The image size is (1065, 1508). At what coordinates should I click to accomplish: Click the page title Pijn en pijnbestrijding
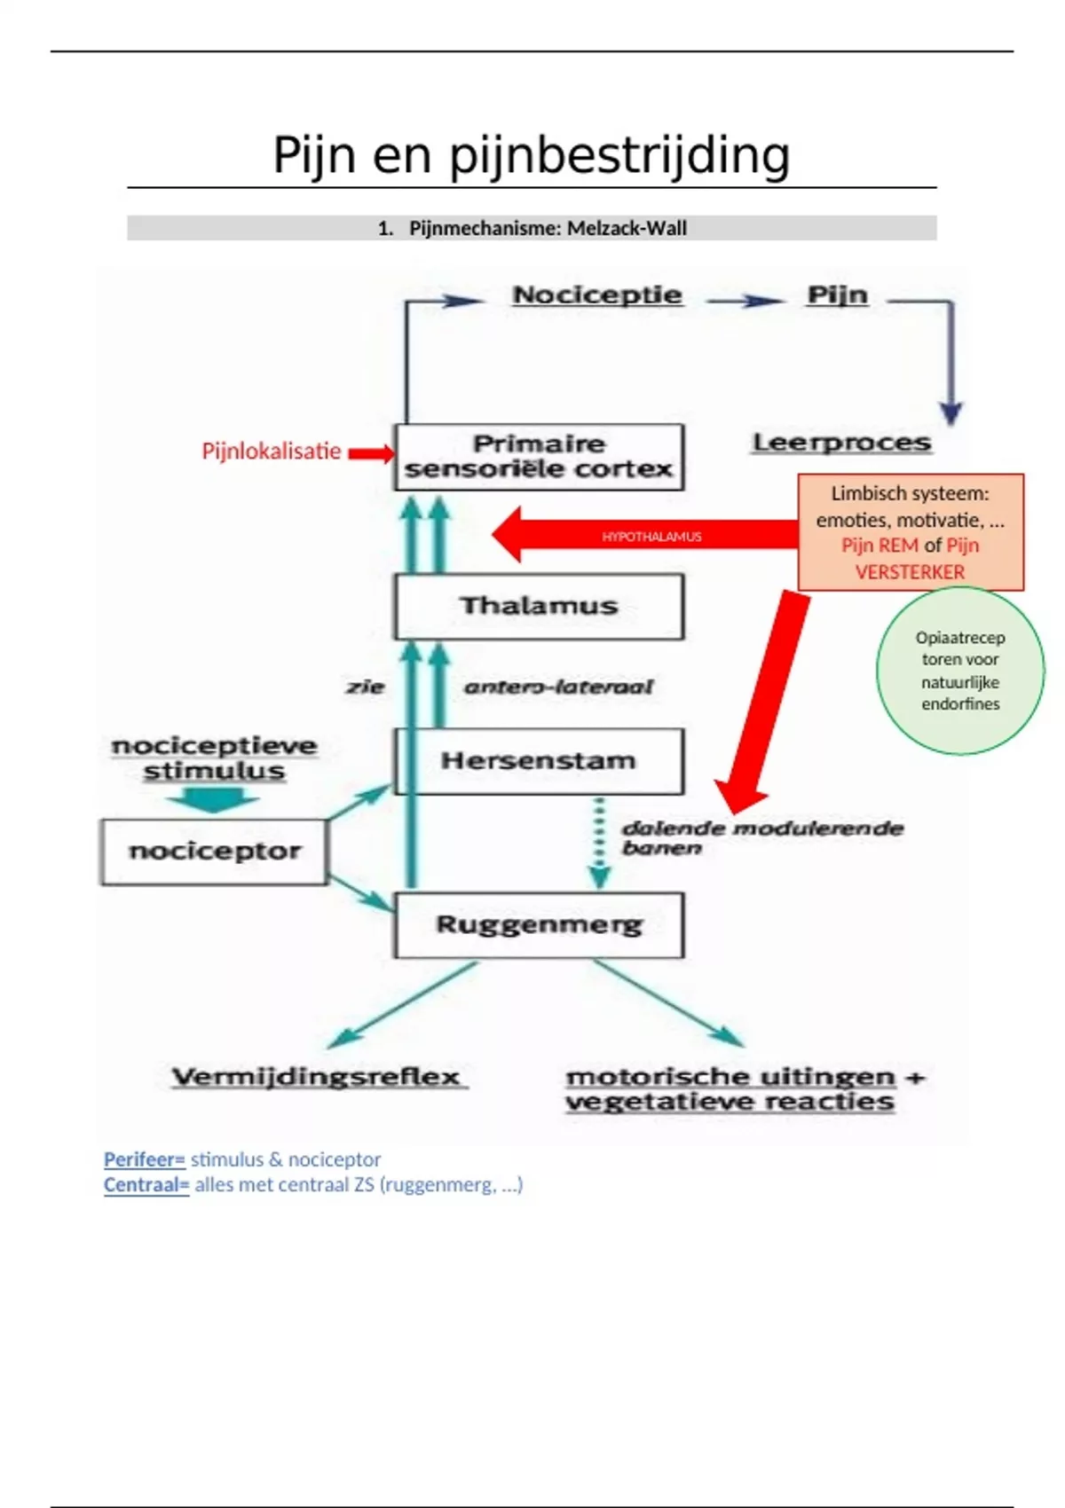click(x=531, y=155)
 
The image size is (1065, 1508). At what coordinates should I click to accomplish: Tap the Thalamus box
click(x=539, y=606)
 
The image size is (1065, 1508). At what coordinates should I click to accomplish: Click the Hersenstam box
click(x=539, y=761)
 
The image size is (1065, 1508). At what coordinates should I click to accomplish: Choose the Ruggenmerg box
click(x=539, y=925)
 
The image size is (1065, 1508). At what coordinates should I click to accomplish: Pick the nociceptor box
click(x=214, y=852)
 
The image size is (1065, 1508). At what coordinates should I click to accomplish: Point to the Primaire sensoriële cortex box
click(x=539, y=457)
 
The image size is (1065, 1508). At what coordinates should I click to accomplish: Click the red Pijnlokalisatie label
click(x=271, y=452)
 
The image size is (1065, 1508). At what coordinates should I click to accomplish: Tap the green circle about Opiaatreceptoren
click(x=960, y=671)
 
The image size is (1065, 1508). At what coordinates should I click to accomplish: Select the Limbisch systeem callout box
click(x=911, y=532)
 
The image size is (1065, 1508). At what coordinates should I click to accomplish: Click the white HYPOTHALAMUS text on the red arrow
click(x=651, y=537)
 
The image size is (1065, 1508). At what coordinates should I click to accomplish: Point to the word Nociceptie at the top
click(x=597, y=295)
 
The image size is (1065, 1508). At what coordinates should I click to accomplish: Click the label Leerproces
click(x=841, y=443)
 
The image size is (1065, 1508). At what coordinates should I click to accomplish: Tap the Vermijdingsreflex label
click(x=317, y=1077)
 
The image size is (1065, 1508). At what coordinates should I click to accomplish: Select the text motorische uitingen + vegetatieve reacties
click(x=744, y=1089)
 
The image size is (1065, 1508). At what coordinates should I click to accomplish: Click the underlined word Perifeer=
click(x=144, y=1159)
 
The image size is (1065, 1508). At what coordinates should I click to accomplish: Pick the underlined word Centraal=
click(x=146, y=1185)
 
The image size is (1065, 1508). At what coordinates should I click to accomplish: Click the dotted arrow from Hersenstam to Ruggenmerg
click(x=600, y=843)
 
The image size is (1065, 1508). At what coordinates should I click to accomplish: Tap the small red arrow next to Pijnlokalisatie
click(x=371, y=454)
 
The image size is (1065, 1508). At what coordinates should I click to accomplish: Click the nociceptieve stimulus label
click(x=214, y=758)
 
